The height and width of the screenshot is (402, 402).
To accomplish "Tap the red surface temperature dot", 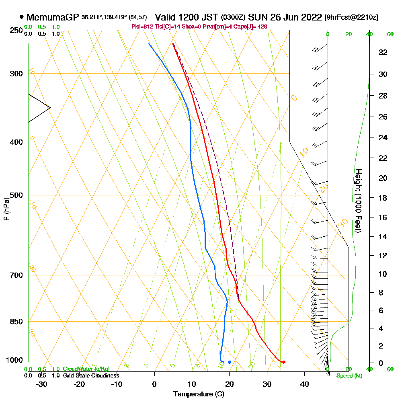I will coord(284,362).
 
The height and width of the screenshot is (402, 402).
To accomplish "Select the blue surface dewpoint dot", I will coord(230,362).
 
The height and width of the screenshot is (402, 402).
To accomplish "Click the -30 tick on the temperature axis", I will coord(42,384).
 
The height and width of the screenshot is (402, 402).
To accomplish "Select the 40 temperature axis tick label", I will coord(304,384).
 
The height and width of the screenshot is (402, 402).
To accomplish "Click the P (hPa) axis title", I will coord(6,209).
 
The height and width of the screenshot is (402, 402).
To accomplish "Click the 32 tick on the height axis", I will coord(383,52).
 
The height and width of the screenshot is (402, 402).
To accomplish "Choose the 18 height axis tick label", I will coord(383,198).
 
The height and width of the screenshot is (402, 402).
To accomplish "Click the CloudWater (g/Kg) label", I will coord(86,369).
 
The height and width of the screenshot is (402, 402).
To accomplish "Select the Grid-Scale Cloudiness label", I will coord(91,375).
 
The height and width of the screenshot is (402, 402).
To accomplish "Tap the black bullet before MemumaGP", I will coord(21,18).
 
